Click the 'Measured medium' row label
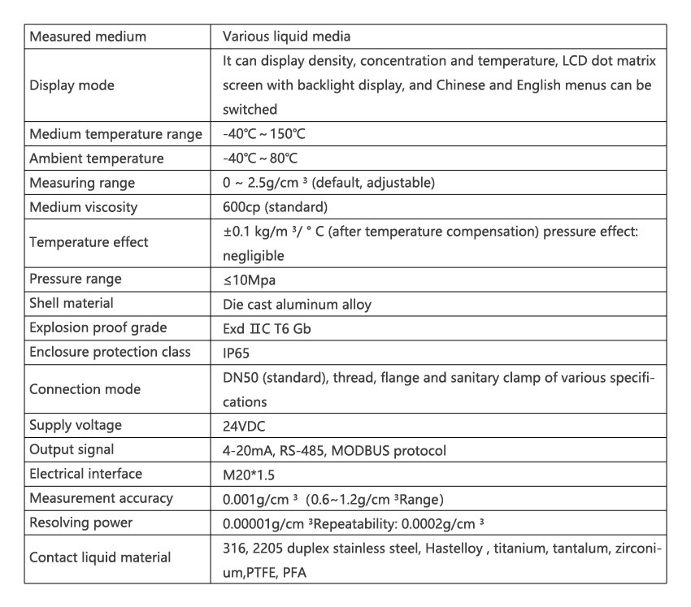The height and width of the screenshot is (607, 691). [x=88, y=37]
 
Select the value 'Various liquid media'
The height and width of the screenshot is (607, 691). [x=286, y=37]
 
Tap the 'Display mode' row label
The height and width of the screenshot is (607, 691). [x=72, y=85]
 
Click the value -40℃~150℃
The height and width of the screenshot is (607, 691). [x=264, y=134]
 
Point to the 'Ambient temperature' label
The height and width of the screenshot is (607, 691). [x=96, y=158]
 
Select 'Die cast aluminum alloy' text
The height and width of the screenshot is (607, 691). [x=297, y=304]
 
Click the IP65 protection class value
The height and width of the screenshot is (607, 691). [x=237, y=353]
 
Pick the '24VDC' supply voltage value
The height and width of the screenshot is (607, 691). [x=245, y=425]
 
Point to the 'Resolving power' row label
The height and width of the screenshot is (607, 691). [x=80, y=522]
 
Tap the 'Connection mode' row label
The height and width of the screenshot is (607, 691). [x=85, y=389]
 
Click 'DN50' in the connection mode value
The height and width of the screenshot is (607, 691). [x=241, y=378]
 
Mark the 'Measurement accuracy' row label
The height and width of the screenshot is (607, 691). [x=101, y=498]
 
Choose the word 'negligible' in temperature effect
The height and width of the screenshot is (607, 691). [x=254, y=255]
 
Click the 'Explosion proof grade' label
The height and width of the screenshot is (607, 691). [x=98, y=328]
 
